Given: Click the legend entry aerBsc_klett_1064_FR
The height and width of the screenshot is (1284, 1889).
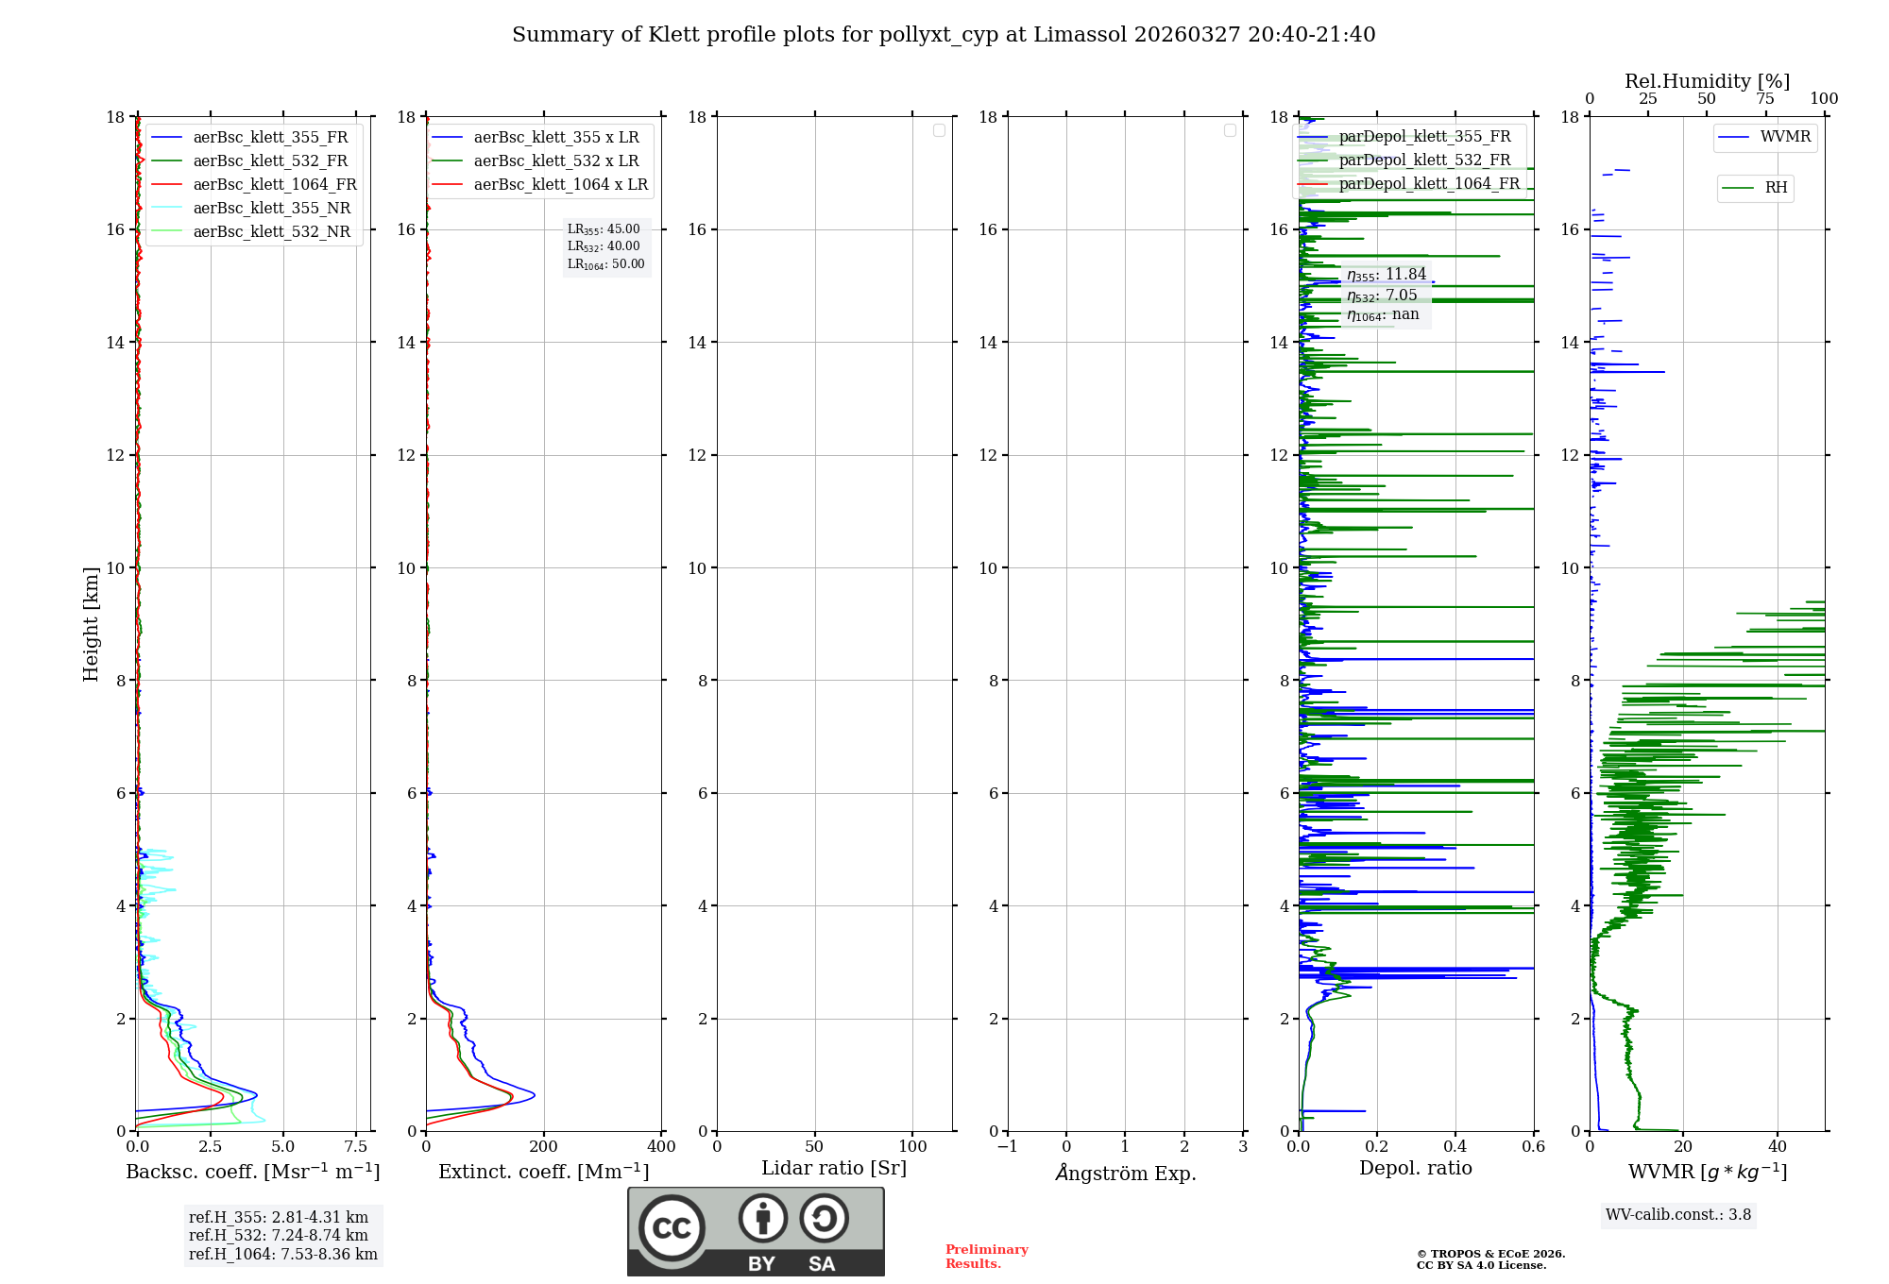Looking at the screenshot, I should [275, 185].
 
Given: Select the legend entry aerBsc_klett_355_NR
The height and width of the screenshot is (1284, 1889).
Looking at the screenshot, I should [272, 209].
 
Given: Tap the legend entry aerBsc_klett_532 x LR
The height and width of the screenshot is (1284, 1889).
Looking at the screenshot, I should [556, 161].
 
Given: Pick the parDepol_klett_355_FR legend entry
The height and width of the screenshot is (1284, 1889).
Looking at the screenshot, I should [1424, 137].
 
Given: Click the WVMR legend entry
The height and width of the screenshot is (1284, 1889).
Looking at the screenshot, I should [1785, 137].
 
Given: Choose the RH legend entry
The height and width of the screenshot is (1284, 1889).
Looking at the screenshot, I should [1776, 188].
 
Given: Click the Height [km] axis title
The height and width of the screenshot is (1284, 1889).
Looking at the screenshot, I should [91, 624].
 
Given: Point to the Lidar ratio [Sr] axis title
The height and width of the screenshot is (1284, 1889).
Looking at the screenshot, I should [834, 1169].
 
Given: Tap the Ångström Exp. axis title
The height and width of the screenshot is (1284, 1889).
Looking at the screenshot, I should [1126, 1174].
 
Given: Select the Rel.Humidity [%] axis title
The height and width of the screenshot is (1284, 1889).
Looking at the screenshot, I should [1707, 81].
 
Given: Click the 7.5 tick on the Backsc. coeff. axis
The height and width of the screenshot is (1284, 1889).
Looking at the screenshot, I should [356, 1147].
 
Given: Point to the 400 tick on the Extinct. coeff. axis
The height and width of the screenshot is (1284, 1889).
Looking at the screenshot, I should [661, 1147].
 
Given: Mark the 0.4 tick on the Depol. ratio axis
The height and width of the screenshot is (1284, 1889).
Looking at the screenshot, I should [1455, 1147].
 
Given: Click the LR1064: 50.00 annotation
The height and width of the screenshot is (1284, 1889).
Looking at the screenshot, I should [606, 264].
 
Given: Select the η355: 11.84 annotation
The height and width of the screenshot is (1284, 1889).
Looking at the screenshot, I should [1387, 275].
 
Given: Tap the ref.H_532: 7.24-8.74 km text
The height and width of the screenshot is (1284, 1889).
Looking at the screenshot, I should [279, 1236].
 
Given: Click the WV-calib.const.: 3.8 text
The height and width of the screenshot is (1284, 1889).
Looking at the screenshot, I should [1678, 1215].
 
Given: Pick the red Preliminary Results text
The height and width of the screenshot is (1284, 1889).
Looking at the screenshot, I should [986, 1257].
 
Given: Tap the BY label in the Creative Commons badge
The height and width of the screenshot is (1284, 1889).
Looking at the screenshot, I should [761, 1264].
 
